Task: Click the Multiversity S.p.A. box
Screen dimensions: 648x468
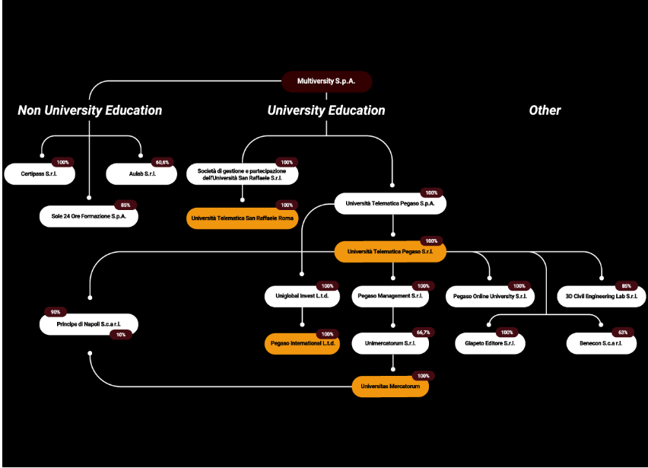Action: [x=326, y=81]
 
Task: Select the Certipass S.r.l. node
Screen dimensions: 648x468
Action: [x=40, y=174]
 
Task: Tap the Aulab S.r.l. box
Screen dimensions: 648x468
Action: [x=141, y=174]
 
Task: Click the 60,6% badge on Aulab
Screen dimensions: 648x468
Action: [x=163, y=162]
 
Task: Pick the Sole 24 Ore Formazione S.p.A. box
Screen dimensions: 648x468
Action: [x=89, y=216]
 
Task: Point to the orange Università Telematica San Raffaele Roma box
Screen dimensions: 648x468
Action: [x=242, y=218]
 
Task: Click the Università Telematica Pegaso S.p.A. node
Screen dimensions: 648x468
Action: [x=390, y=203]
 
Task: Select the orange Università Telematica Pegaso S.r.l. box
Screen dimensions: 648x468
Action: [x=390, y=251]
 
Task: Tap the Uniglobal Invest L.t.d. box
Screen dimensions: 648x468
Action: [x=302, y=296]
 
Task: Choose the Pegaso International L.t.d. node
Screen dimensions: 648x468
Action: [x=302, y=343]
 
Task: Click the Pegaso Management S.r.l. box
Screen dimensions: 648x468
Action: [x=390, y=296]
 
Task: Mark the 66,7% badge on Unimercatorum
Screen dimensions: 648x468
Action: [x=423, y=333]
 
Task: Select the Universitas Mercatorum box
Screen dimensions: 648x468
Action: [x=390, y=387]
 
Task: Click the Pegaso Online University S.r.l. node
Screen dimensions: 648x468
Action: [x=490, y=297]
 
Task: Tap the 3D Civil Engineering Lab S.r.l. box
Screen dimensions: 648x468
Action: [x=602, y=297]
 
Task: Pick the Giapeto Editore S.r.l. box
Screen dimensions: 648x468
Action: [x=490, y=343]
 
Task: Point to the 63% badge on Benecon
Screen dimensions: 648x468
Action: [x=623, y=333]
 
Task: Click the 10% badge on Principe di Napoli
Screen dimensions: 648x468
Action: [x=121, y=335]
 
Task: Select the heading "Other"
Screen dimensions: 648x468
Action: [x=545, y=110]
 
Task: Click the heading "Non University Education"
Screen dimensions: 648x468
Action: [x=90, y=110]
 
